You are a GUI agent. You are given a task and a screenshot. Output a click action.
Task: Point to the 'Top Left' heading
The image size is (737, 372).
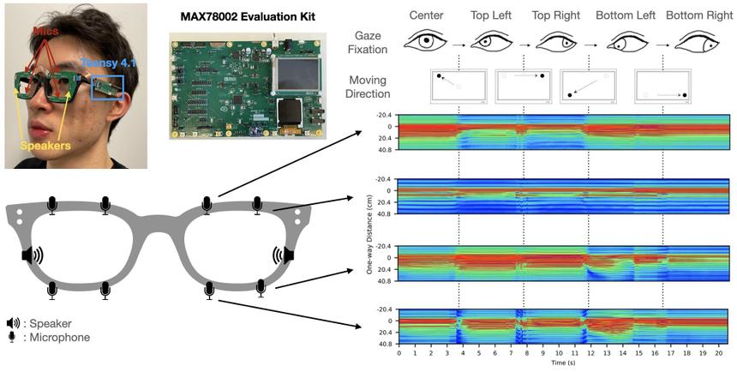tap(492, 16)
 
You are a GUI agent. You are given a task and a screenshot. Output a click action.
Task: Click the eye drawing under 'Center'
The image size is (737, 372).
tap(427, 41)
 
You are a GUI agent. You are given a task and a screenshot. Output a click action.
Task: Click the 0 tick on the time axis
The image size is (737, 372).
tap(399, 352)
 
